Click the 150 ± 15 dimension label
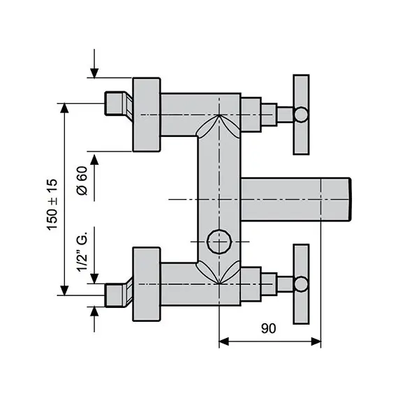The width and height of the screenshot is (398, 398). pyautogui.click(x=53, y=206)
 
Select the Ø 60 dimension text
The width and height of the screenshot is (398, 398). pyautogui.click(x=82, y=180)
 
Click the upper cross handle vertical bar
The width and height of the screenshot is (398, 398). pyautogui.click(x=301, y=115)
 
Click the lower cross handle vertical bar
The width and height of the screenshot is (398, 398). pyautogui.click(x=301, y=283)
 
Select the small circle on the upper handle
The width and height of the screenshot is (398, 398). pyautogui.click(x=301, y=114)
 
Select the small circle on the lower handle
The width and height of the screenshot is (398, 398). pyautogui.click(x=301, y=283)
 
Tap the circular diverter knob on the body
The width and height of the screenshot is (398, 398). pyautogui.click(x=219, y=242)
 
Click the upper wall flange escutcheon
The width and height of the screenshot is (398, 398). pyautogui.click(x=147, y=114)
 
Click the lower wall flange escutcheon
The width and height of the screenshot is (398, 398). pyautogui.click(x=147, y=283)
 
